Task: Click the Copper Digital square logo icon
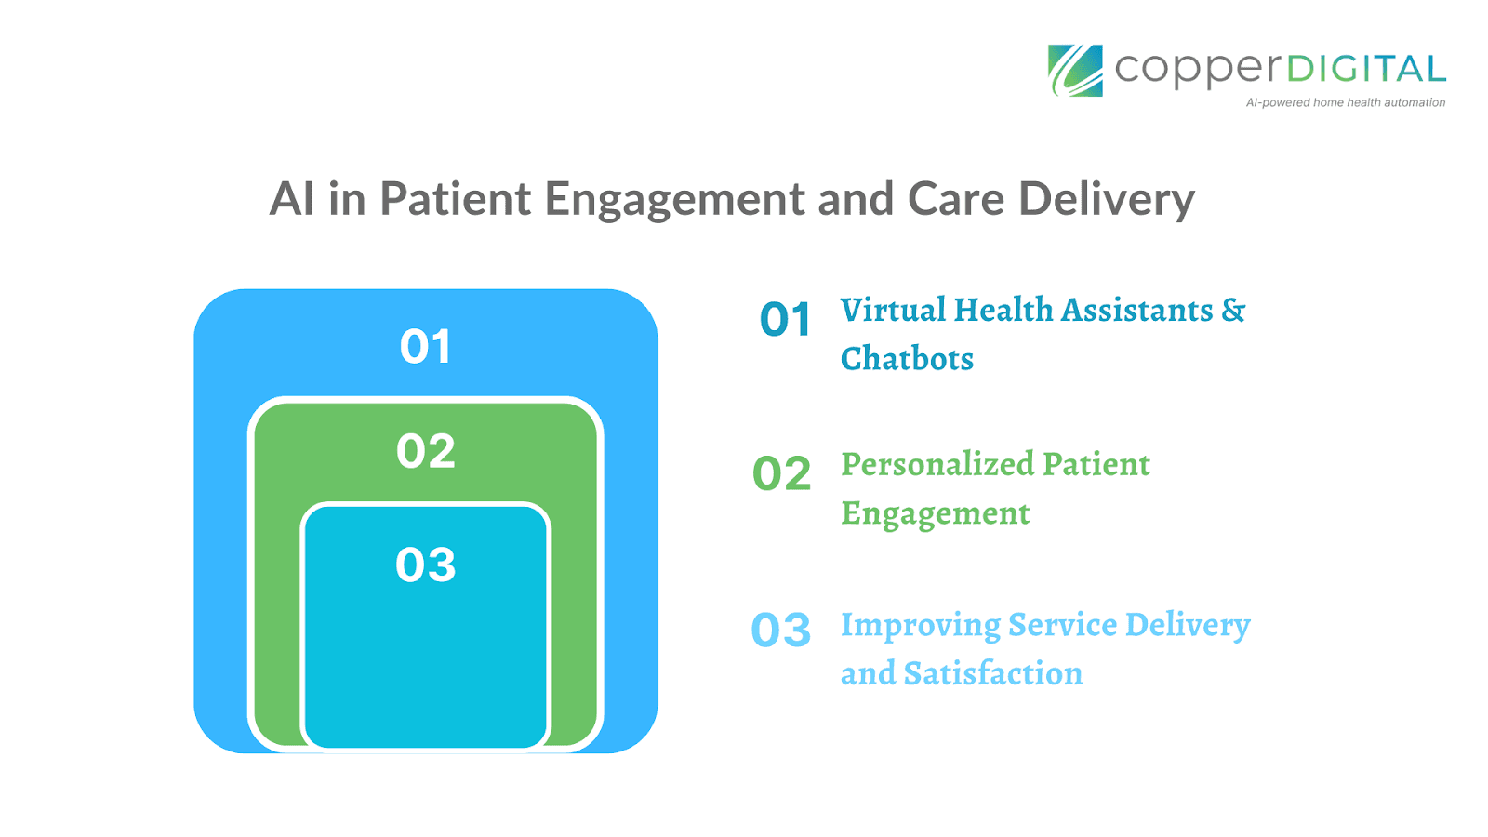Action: [1075, 71]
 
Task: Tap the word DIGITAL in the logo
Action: [1366, 69]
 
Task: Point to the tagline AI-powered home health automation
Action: [1345, 102]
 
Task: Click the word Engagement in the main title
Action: [675, 199]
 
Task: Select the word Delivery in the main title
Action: [1107, 199]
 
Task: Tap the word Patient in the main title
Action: [455, 198]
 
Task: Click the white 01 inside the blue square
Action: [426, 346]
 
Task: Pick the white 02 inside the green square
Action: [426, 451]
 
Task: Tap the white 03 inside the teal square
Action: [426, 565]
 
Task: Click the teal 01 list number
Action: [785, 319]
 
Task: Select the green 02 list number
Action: [782, 473]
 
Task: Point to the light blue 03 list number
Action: [781, 630]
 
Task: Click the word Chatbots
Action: [907, 359]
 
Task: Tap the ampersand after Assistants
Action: [1233, 310]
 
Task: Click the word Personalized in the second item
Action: [938, 464]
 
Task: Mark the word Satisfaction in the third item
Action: [993, 673]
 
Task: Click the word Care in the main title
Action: [955, 199]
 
